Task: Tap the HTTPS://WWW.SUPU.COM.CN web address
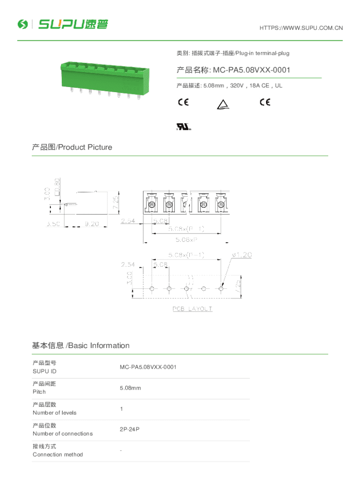click(301, 28)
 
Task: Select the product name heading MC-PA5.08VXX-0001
click(233, 70)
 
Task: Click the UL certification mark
click(184, 127)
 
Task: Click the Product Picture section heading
click(72, 147)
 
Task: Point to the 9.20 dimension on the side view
click(91, 224)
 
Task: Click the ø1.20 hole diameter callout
click(242, 255)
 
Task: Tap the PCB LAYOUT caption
click(192, 309)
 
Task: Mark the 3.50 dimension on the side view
click(52, 224)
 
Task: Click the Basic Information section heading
click(80, 346)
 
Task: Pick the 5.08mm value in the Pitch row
click(130, 388)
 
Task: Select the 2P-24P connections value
click(130, 430)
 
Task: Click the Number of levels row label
click(54, 413)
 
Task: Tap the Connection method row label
click(58, 455)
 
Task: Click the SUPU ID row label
click(44, 371)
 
